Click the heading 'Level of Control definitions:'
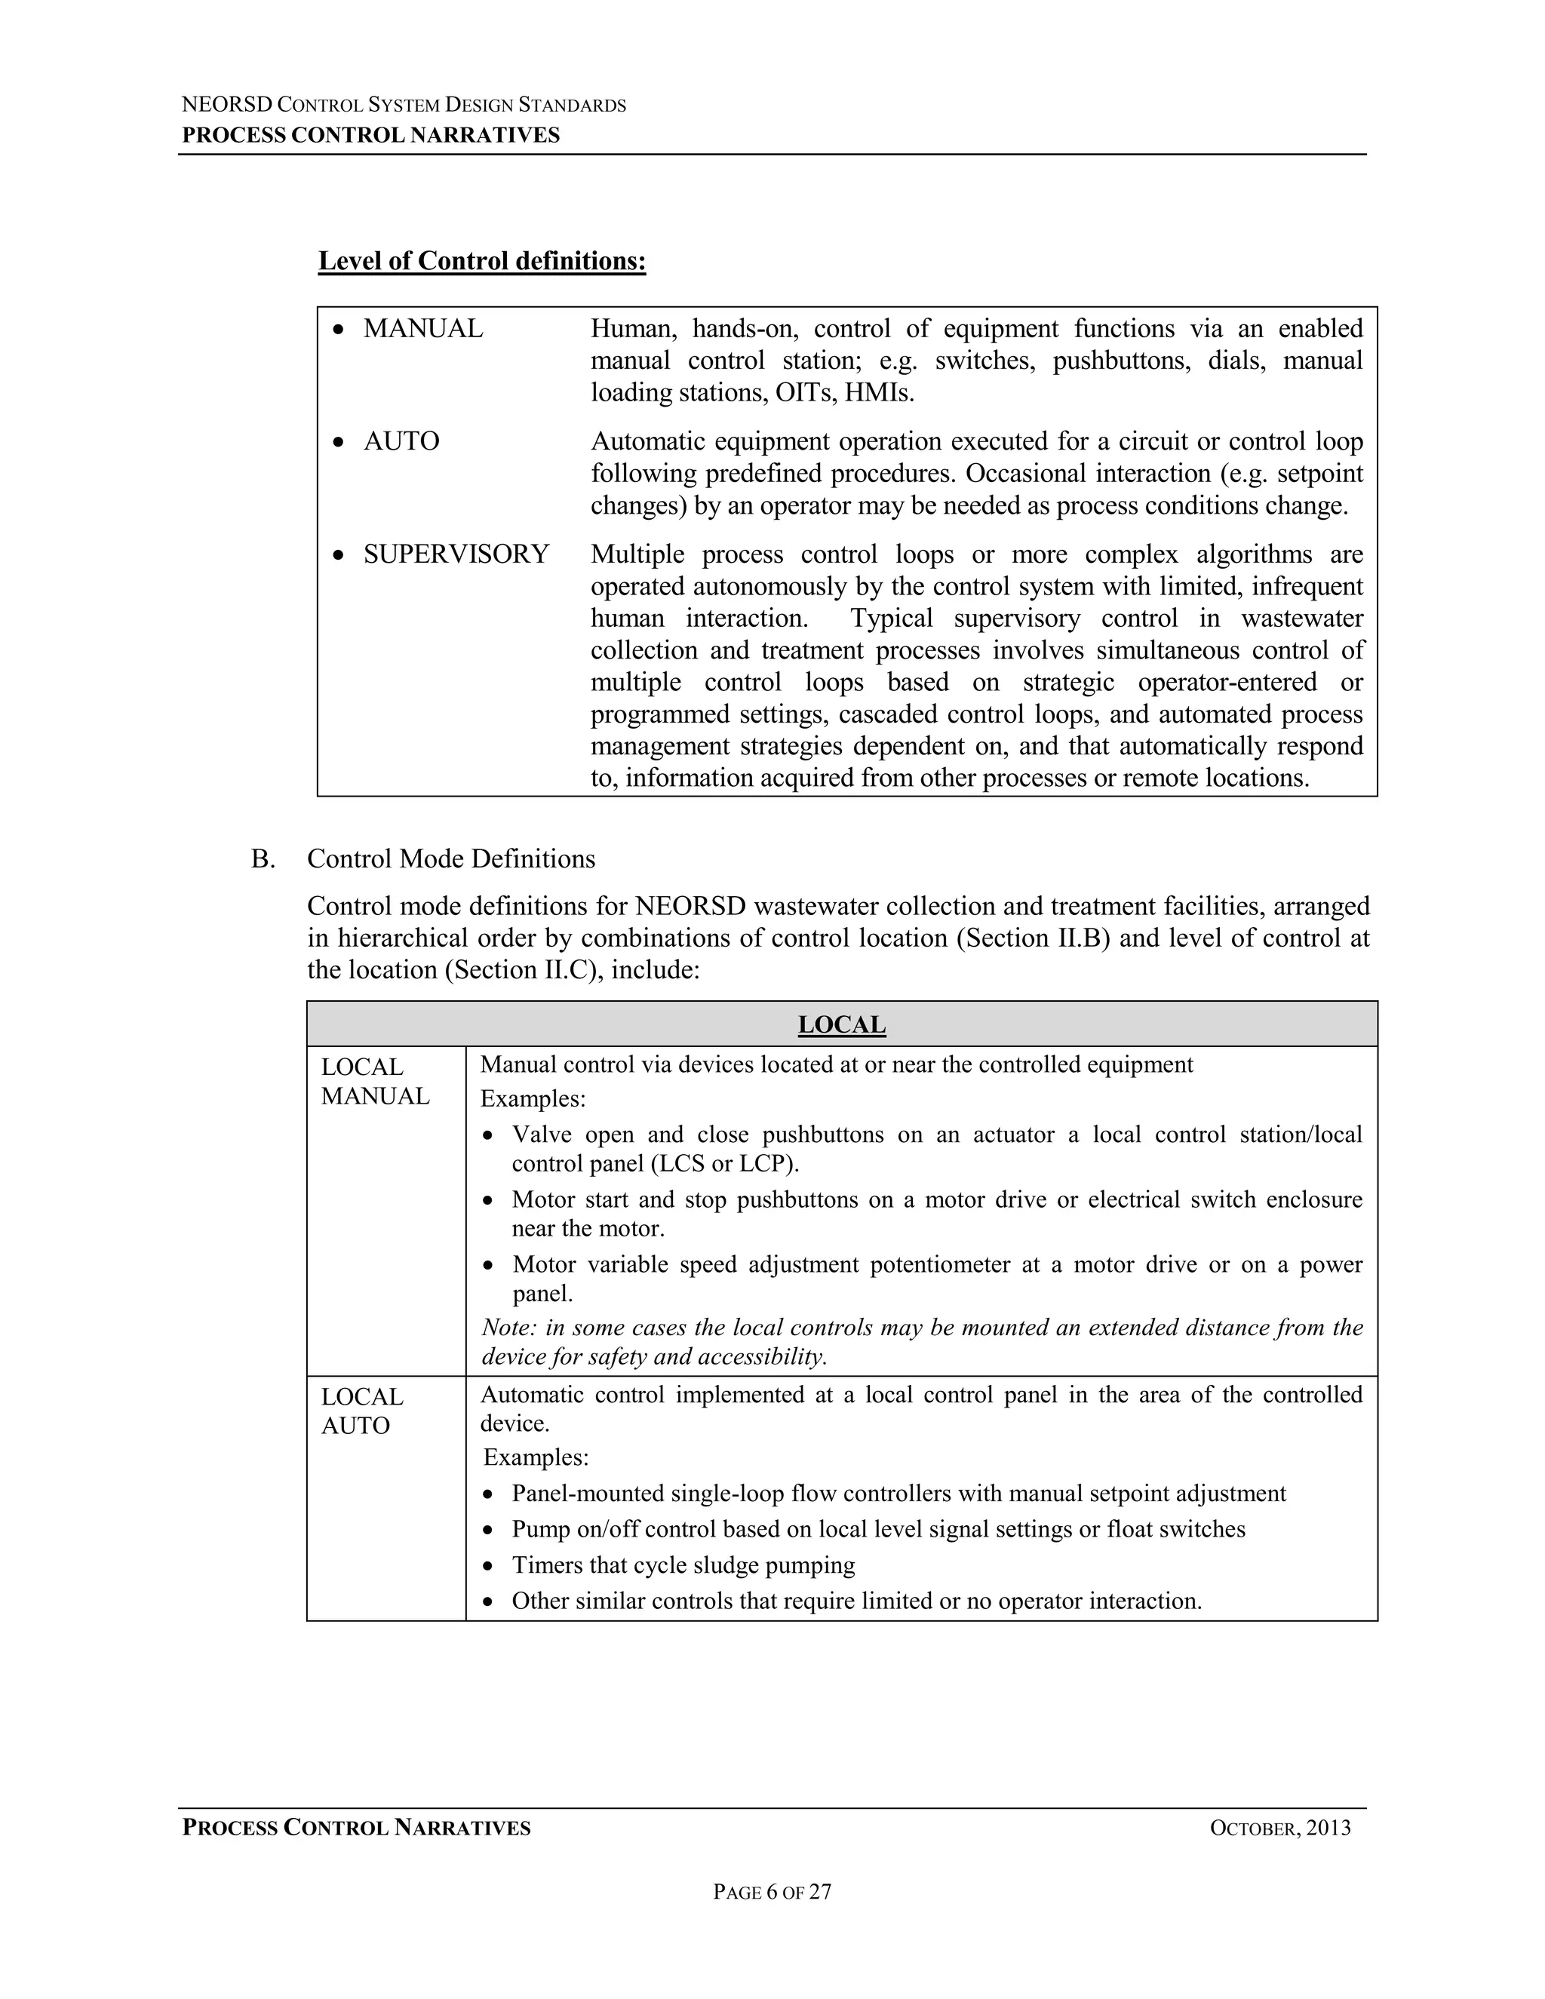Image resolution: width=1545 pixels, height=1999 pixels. [481, 262]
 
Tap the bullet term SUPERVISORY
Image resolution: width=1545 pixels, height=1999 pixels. [456, 554]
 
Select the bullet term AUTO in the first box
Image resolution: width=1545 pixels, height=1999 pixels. [401, 441]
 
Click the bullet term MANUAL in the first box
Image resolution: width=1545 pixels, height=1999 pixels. [423, 329]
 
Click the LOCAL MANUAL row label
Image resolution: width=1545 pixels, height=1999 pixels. [375, 1082]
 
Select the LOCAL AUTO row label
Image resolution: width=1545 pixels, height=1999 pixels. [362, 1411]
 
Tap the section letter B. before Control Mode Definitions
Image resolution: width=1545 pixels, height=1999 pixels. [263, 858]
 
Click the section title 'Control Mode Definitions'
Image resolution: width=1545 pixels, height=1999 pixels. [450, 858]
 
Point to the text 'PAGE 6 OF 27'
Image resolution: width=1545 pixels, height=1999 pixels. [772, 1892]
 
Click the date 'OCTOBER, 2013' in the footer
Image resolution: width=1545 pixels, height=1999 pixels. [1279, 1828]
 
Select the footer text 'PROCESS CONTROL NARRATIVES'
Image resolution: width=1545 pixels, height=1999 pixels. [356, 1828]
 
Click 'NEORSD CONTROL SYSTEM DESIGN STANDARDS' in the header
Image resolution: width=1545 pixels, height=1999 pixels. [404, 106]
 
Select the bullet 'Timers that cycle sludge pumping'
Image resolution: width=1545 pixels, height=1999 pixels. [683, 1565]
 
